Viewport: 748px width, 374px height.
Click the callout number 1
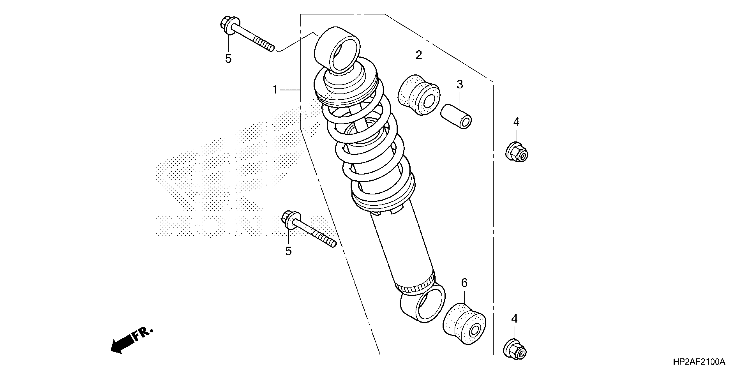click(275, 90)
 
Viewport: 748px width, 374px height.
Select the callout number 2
click(418, 55)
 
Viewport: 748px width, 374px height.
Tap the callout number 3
click(460, 84)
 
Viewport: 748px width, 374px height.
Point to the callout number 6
click(464, 282)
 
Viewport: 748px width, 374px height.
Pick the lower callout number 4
click(514, 319)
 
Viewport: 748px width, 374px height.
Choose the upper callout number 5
click(228, 59)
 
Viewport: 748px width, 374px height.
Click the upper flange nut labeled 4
click(517, 152)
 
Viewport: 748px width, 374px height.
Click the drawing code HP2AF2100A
click(699, 362)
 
